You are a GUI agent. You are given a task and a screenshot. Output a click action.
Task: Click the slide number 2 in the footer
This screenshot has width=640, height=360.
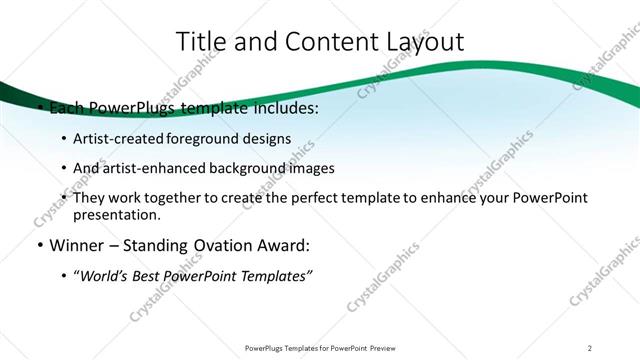(x=590, y=347)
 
